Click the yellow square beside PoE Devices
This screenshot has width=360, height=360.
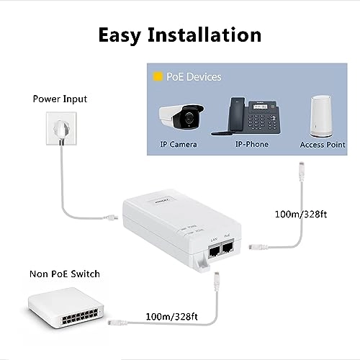(156, 76)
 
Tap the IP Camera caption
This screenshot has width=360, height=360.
(179, 145)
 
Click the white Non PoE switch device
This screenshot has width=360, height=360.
(65, 310)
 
